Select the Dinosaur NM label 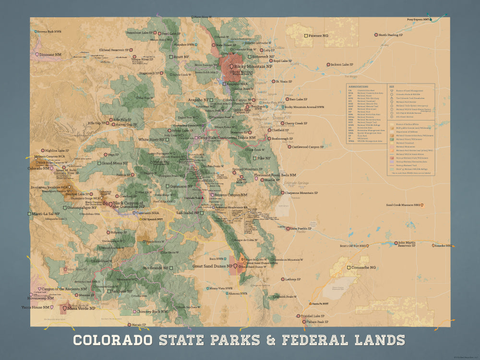pyautogui.click(x=51, y=55)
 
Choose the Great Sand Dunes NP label pyautogui.click(x=213, y=266)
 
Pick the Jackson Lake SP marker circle pyautogui.click(x=328, y=65)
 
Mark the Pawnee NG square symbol pyautogui.click(x=306, y=36)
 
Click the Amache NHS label pyautogui.click(x=442, y=246)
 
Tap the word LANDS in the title pyautogui.click(x=378, y=340)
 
